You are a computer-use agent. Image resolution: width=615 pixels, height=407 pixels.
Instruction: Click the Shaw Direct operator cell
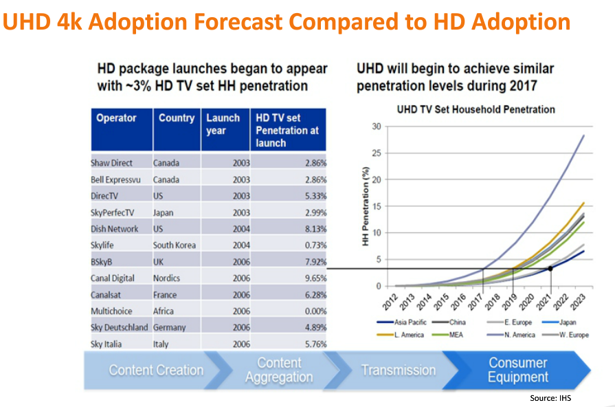click(x=111, y=163)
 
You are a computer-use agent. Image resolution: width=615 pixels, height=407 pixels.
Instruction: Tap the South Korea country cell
click(x=174, y=245)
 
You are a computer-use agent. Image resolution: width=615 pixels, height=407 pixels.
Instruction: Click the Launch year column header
click(x=223, y=124)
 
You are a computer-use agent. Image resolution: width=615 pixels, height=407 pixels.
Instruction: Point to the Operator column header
click(x=116, y=118)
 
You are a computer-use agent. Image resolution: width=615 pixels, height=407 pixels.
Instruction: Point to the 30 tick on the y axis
click(x=375, y=126)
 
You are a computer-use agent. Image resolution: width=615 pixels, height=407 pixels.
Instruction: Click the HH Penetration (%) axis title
click(x=366, y=206)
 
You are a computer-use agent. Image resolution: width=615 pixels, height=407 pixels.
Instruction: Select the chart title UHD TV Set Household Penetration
click(x=476, y=109)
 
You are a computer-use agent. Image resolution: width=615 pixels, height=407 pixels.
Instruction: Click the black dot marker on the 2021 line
click(x=550, y=268)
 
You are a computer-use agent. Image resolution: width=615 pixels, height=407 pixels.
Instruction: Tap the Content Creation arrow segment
click(x=156, y=370)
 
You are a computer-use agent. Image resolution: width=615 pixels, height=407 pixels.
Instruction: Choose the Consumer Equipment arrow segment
click(x=517, y=370)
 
